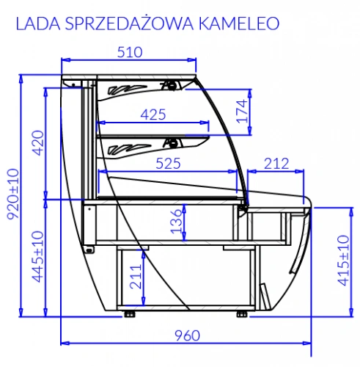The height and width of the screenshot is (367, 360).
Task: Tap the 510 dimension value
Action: coord(129,51)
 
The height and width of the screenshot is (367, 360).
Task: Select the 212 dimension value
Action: coord(275,163)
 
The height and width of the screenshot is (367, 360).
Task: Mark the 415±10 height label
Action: coord(341,261)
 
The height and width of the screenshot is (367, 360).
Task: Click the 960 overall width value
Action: coord(187,335)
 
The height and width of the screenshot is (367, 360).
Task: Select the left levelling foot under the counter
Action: coord(130,314)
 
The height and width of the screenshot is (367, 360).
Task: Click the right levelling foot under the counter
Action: coord(243,314)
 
